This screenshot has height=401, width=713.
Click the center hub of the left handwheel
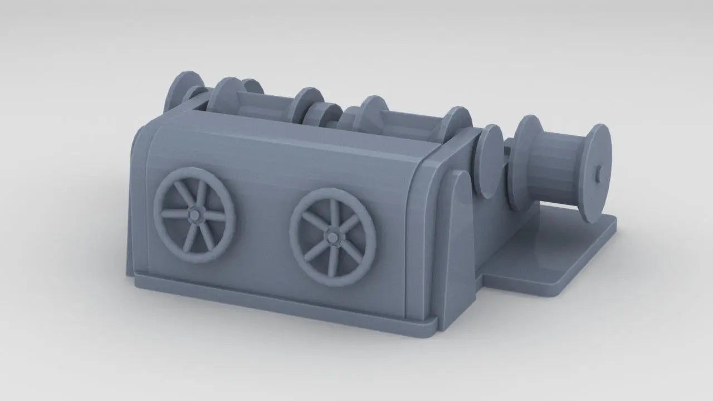[x=195, y=214]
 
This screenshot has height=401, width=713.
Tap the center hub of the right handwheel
[x=333, y=237]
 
